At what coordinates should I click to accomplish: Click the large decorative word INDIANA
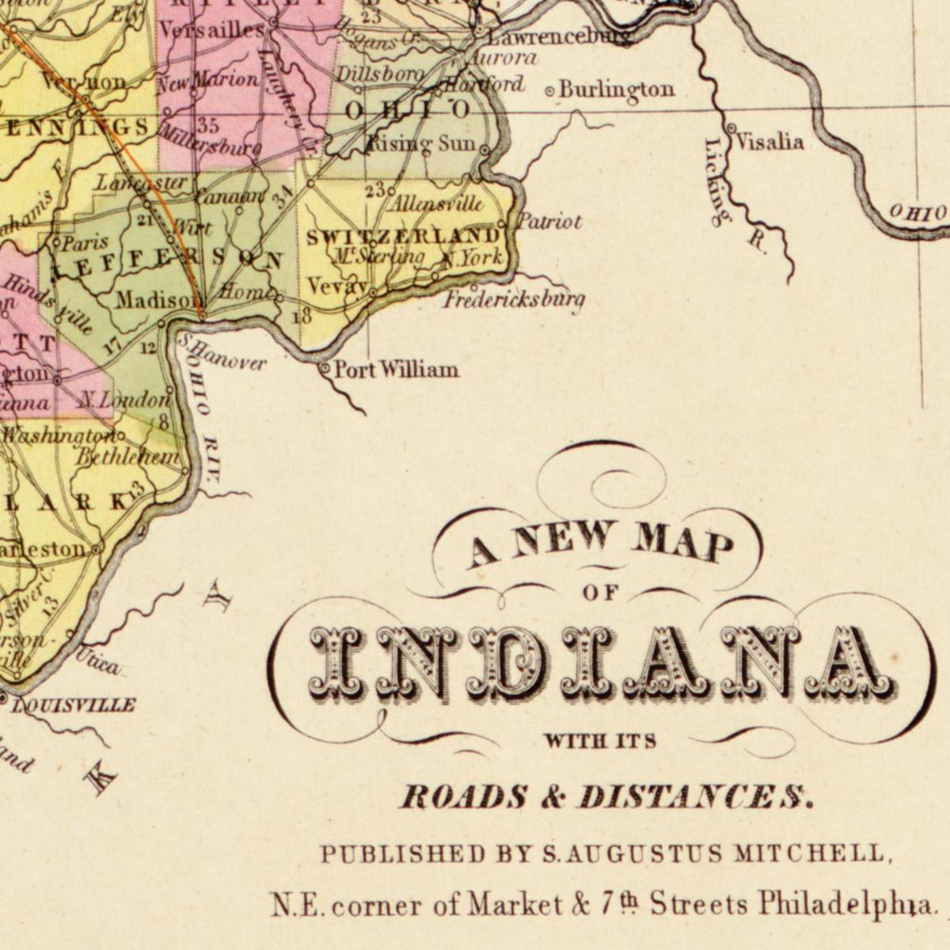point(602,663)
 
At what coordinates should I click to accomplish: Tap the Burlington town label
point(616,89)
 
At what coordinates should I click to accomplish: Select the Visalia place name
point(769,142)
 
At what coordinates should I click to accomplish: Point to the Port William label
point(396,370)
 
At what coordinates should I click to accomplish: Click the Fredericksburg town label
point(515,300)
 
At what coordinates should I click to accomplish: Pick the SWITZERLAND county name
point(403,237)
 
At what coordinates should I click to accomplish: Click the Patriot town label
point(550,222)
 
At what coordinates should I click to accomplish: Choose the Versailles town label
point(211,31)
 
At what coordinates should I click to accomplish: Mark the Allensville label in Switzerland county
point(437,204)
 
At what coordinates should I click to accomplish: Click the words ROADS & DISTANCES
point(606,796)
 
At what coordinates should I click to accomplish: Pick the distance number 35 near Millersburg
point(208,125)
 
